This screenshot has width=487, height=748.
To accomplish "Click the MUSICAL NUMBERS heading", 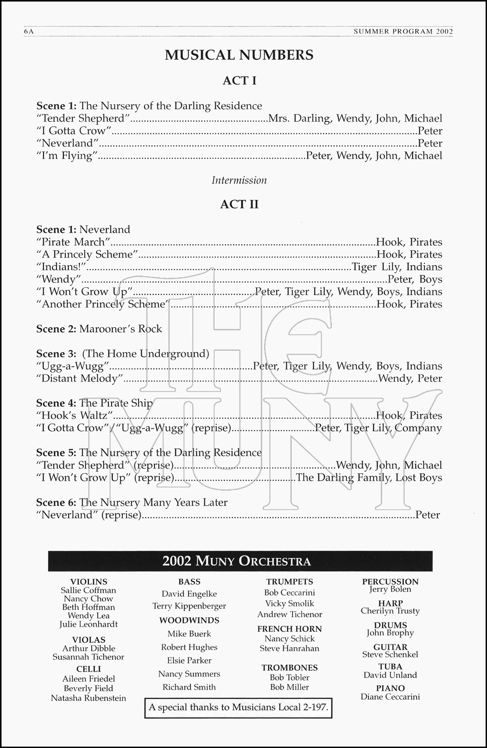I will [x=239, y=55].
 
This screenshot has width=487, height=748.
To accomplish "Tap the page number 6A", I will [x=28, y=31].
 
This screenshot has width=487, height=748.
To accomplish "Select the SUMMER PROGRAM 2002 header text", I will [x=403, y=31].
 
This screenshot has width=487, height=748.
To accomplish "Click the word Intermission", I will [x=239, y=180].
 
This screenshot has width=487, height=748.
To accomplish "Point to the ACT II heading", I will [x=239, y=204].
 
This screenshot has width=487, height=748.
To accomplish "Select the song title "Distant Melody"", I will [x=80, y=378].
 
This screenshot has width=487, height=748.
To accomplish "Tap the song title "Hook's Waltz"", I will [x=75, y=416].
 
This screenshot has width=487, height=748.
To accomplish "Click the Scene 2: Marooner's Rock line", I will [x=99, y=329].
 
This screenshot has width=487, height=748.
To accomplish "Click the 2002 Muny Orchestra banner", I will [x=240, y=561].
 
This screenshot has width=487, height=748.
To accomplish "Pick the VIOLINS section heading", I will [x=89, y=582].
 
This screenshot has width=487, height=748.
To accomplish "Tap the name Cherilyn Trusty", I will [x=390, y=611].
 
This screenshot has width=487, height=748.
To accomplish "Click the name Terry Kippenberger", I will [x=189, y=606].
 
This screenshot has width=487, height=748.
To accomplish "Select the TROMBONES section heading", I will [x=290, y=668].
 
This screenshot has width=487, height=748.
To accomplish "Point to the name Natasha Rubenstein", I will [x=89, y=698].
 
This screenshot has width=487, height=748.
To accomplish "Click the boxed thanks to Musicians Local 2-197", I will [x=238, y=707].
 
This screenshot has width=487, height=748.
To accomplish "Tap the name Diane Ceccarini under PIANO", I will [x=390, y=697].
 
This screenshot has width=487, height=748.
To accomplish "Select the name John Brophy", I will [x=390, y=633].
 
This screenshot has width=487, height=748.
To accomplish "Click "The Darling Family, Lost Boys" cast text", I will [x=369, y=478].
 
